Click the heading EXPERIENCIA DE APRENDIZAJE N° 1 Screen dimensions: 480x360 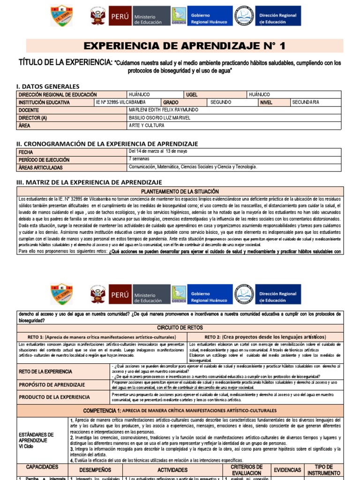184,45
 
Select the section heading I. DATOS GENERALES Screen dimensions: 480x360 48,86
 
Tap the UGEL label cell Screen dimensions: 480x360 192,95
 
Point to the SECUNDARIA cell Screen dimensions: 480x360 305,102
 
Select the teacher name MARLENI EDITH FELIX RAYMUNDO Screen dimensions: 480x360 163,110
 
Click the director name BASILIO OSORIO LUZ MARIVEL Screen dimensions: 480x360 159,118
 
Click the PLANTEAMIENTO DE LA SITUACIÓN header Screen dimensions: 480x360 180,191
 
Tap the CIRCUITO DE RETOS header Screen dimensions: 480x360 180,328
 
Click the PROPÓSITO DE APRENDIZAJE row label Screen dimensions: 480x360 52,385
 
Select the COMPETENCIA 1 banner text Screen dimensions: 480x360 180,410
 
